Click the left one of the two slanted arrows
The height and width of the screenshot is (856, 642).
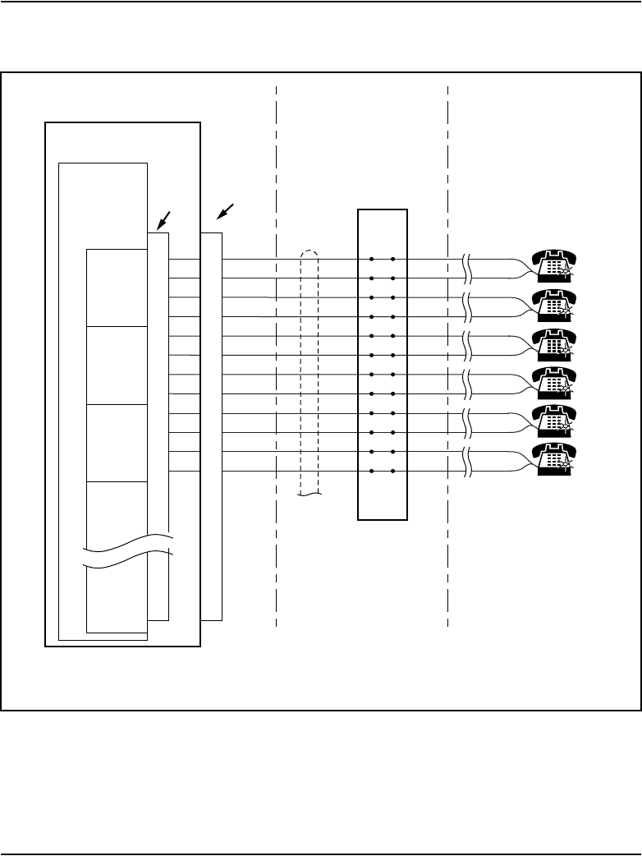coord(164,219)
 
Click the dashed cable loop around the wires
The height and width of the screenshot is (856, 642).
coord(310,370)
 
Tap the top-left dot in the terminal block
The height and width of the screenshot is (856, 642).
coord(372,259)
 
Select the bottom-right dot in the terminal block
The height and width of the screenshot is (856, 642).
coord(393,472)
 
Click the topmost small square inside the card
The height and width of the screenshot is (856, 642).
coord(117,287)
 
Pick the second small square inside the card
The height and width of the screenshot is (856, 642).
coord(117,365)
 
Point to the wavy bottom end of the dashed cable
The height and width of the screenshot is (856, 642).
coord(310,495)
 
